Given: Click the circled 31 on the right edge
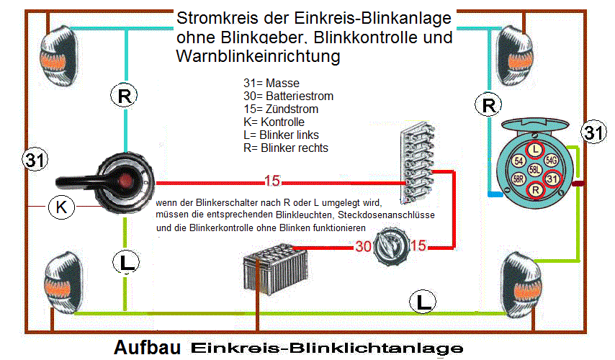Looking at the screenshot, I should tap(593, 133).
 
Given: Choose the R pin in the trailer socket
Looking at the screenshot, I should tap(535, 190).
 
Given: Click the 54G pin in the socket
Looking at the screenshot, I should tap(552, 159).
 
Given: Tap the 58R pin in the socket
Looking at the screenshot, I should tap(518, 179).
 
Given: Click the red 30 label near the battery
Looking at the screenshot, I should tap(364, 247).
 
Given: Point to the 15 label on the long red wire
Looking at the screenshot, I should tap(272, 180).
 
